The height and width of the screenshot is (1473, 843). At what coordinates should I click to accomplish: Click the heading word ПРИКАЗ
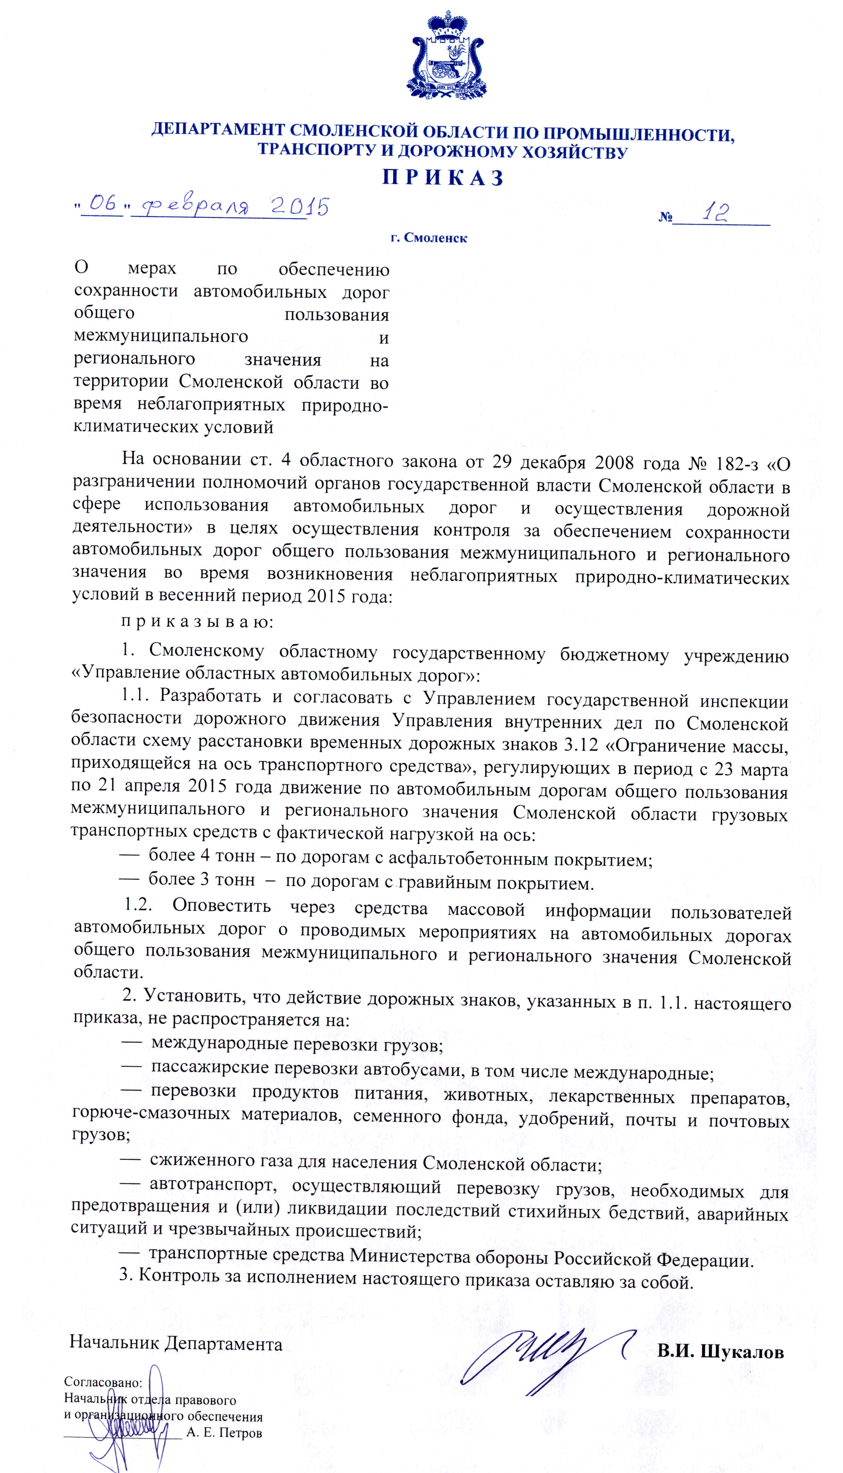click(443, 178)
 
